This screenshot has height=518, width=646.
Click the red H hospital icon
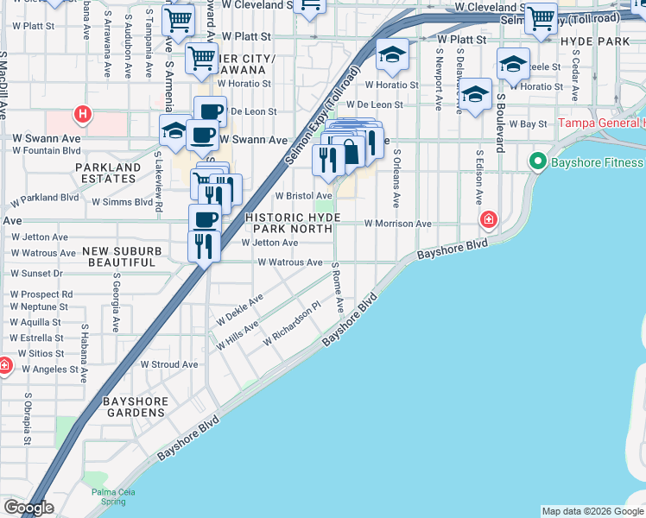point(82,113)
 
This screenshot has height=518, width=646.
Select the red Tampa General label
point(601,123)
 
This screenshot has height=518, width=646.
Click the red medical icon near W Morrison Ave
point(489,221)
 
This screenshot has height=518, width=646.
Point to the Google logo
point(28,508)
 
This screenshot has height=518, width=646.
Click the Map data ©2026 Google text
point(592,511)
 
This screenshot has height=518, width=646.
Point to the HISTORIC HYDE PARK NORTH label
point(293,224)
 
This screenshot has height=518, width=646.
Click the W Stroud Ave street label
point(169,364)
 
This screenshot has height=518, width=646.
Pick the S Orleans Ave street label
point(396,179)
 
